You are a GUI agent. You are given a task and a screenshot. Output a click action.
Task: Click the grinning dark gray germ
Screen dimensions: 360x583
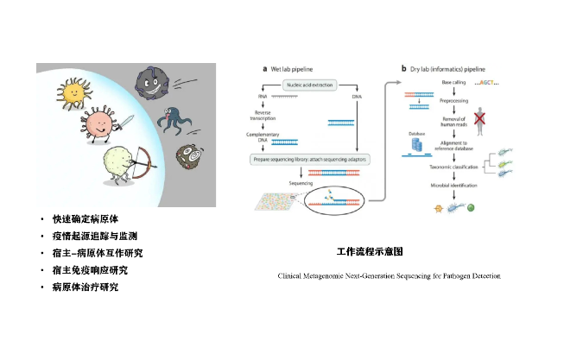click(153, 85)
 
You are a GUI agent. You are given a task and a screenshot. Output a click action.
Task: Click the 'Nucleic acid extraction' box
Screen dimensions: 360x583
click(310, 84)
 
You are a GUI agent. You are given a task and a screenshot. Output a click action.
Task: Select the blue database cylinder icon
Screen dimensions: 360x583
click(417, 147)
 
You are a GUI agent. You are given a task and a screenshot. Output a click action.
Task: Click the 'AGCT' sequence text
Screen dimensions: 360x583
click(485, 83)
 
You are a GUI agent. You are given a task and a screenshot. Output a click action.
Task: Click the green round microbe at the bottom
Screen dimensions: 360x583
click(472, 207)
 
